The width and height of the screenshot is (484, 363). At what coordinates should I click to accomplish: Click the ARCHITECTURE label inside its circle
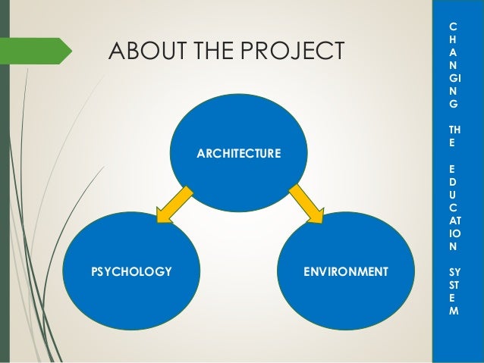click(x=238, y=155)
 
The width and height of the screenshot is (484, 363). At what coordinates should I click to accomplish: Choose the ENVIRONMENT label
click(x=346, y=271)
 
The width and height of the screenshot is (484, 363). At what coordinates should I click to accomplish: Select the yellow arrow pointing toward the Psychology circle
click(x=174, y=205)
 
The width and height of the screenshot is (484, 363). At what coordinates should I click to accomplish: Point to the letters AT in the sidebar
click(x=454, y=219)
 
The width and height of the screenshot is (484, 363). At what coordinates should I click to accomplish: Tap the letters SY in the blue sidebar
click(x=454, y=271)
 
